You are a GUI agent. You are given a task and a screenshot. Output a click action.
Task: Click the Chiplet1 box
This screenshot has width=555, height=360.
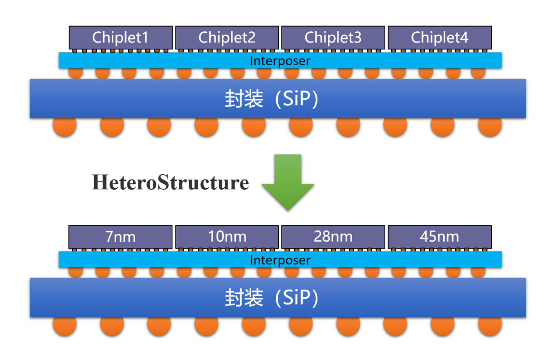[121, 38]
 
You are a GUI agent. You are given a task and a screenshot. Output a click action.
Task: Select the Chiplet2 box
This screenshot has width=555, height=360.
[227, 38]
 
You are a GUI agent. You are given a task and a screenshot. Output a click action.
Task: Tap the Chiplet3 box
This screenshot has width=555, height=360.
[333, 38]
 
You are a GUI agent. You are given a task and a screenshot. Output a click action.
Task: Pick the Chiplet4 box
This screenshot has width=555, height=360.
[439, 38]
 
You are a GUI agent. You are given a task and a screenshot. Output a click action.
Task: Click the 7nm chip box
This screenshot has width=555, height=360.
[121, 237]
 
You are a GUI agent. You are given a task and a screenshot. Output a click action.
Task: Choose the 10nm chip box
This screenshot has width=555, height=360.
[227, 237]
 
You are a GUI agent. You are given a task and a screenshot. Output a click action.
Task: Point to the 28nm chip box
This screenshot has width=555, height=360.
[333, 237]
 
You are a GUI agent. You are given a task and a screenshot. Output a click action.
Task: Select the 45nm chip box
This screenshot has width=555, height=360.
[439, 237]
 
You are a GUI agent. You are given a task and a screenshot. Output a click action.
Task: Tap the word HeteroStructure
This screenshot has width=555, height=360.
[171, 183]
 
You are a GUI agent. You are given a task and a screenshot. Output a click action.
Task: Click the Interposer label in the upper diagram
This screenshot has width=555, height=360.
[280, 61]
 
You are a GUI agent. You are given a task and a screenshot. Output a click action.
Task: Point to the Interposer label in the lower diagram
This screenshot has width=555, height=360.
[280, 260]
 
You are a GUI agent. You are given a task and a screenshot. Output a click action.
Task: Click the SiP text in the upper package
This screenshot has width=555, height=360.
[299, 99]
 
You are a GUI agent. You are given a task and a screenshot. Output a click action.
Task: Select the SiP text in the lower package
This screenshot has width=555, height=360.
[299, 298]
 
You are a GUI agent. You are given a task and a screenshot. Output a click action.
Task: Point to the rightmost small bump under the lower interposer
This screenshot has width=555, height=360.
[477, 272]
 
